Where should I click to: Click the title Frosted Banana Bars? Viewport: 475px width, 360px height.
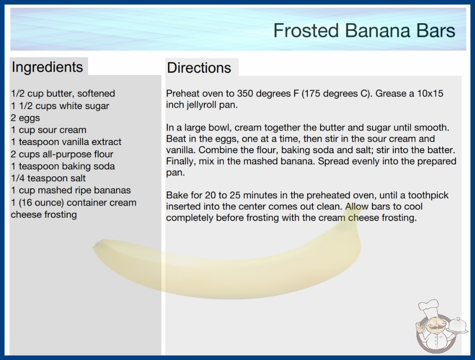tap(364, 30)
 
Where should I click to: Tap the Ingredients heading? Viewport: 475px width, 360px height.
tap(47, 67)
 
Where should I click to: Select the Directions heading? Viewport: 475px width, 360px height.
tap(199, 68)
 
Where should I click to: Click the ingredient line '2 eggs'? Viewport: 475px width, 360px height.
tap(25, 118)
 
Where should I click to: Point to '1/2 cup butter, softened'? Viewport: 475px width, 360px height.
tap(63, 94)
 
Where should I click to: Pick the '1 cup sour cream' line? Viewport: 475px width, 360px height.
tap(49, 130)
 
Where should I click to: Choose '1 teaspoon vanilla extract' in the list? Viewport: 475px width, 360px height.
tap(66, 142)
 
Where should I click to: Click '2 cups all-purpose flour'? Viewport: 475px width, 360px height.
tap(62, 154)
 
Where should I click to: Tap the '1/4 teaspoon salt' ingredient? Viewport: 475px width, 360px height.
tap(49, 178)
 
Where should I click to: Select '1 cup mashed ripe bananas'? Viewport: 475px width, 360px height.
tap(71, 190)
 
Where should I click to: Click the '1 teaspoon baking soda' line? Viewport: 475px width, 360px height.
tap(63, 166)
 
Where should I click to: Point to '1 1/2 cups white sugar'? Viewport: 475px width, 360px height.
tap(60, 106)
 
